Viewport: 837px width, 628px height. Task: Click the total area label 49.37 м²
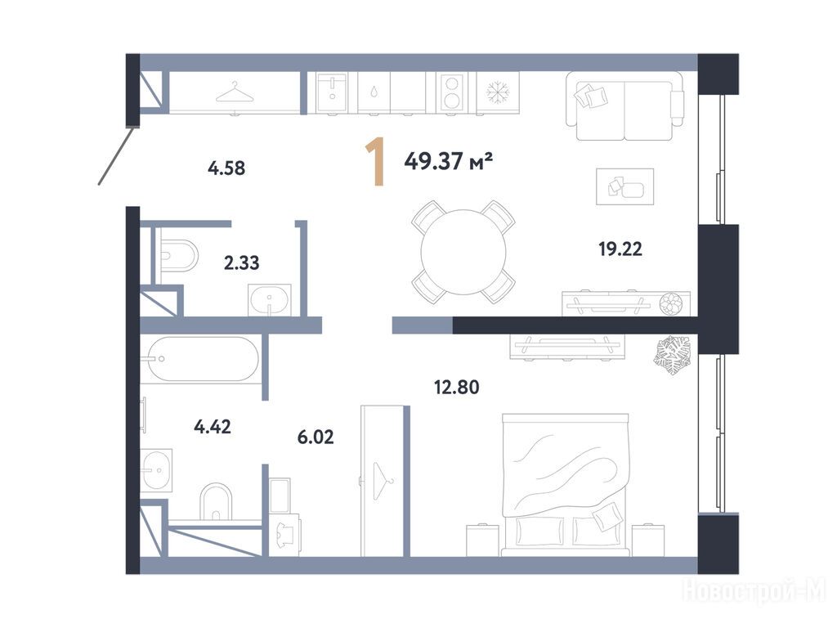(x=448, y=160)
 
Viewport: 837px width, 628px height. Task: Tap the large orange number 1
(x=376, y=161)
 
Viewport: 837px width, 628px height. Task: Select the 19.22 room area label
(x=620, y=249)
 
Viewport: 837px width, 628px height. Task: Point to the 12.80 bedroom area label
(x=456, y=387)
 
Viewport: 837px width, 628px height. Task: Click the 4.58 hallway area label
(x=226, y=168)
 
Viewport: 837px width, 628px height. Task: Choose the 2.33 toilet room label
(x=241, y=262)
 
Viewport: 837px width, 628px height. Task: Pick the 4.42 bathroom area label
(x=213, y=427)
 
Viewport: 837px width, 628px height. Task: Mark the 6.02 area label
(x=316, y=437)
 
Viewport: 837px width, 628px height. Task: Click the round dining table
(x=463, y=252)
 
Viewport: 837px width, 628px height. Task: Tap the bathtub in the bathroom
(x=199, y=359)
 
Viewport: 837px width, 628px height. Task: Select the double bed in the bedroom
(x=566, y=484)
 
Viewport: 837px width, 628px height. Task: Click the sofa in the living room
(x=625, y=105)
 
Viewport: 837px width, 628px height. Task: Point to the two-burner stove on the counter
(x=451, y=93)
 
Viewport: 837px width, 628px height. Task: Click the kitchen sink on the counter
(x=332, y=93)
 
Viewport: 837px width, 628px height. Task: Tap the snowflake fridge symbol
(x=499, y=92)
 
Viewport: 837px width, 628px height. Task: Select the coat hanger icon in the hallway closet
(x=235, y=93)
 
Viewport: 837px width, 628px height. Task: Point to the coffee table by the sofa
(x=625, y=186)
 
